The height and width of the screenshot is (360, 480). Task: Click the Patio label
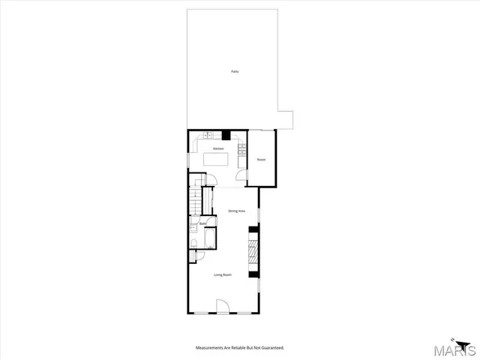tap(235, 71)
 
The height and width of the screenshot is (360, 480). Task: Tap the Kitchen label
tap(218, 148)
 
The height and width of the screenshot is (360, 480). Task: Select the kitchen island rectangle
tap(218, 160)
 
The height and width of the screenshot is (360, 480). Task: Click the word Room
tap(261, 160)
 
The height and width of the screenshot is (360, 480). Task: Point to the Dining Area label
tap(237, 211)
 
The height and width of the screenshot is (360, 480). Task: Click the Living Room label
tap(222, 275)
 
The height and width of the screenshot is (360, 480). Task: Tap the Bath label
tap(202, 223)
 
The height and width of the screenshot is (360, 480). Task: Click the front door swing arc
tap(222, 306)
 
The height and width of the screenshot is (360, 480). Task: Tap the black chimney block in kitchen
tap(225, 135)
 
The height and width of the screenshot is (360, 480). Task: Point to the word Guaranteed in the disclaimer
tap(271, 348)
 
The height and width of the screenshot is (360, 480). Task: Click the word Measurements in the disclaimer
tap(212, 348)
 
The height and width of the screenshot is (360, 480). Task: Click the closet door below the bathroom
tap(193, 257)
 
